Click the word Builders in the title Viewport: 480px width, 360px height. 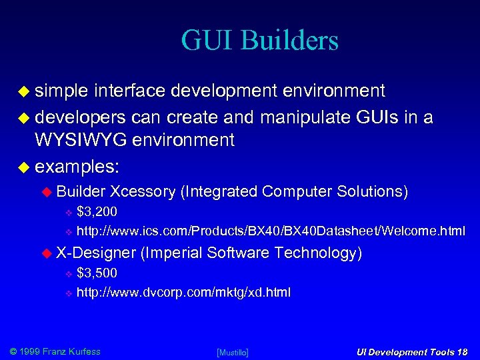pyautogui.click(x=290, y=40)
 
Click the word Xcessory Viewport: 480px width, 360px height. pyautogui.click(x=143, y=191)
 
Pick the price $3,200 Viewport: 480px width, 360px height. pyautogui.click(x=97, y=213)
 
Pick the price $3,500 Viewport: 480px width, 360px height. pyautogui.click(x=97, y=273)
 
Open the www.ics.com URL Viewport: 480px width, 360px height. pyautogui.click(x=271, y=231)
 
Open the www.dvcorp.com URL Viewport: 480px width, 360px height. pyautogui.click(x=183, y=292)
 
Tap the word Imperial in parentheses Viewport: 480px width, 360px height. pyautogui.click(x=172, y=253)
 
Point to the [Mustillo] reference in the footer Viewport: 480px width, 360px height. pyautogui.click(x=233, y=352)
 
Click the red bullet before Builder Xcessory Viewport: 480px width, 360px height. pyautogui.click(x=47, y=192)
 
